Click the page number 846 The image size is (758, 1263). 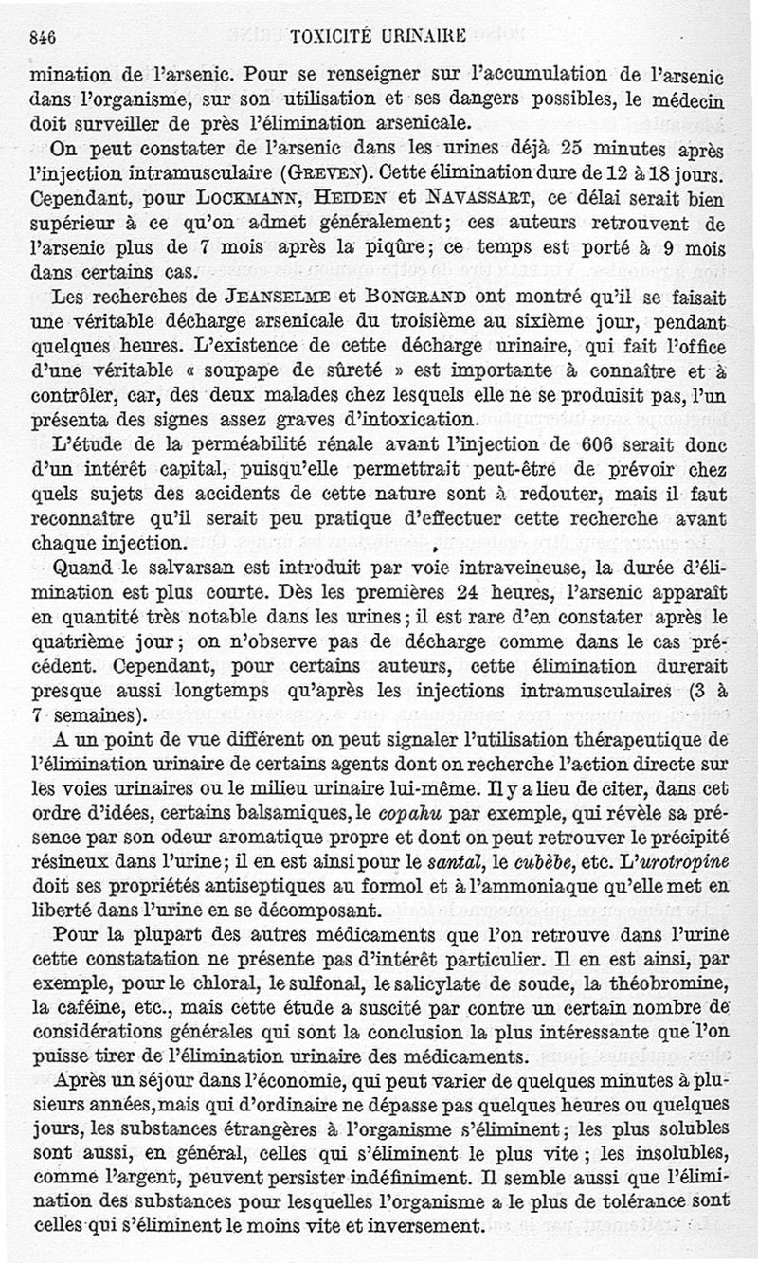(44, 38)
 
